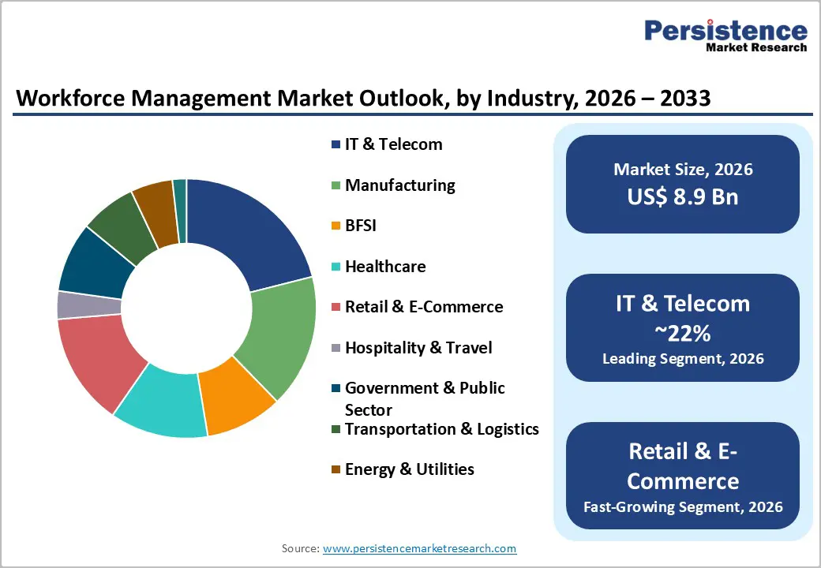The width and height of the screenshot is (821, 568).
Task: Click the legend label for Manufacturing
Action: (x=399, y=185)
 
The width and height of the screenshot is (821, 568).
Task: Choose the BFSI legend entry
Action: (x=360, y=226)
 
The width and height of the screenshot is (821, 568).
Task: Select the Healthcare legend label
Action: (x=384, y=267)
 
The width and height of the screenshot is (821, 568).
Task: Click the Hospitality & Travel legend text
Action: (x=418, y=348)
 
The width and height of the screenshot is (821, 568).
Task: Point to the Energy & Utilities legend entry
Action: (x=409, y=469)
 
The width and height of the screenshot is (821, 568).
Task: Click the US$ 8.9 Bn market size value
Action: (x=683, y=196)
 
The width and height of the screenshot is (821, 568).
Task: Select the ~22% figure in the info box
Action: (x=683, y=334)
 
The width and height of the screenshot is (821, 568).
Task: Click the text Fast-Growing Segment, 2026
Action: (x=683, y=506)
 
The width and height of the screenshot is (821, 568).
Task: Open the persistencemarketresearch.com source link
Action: (x=419, y=548)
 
